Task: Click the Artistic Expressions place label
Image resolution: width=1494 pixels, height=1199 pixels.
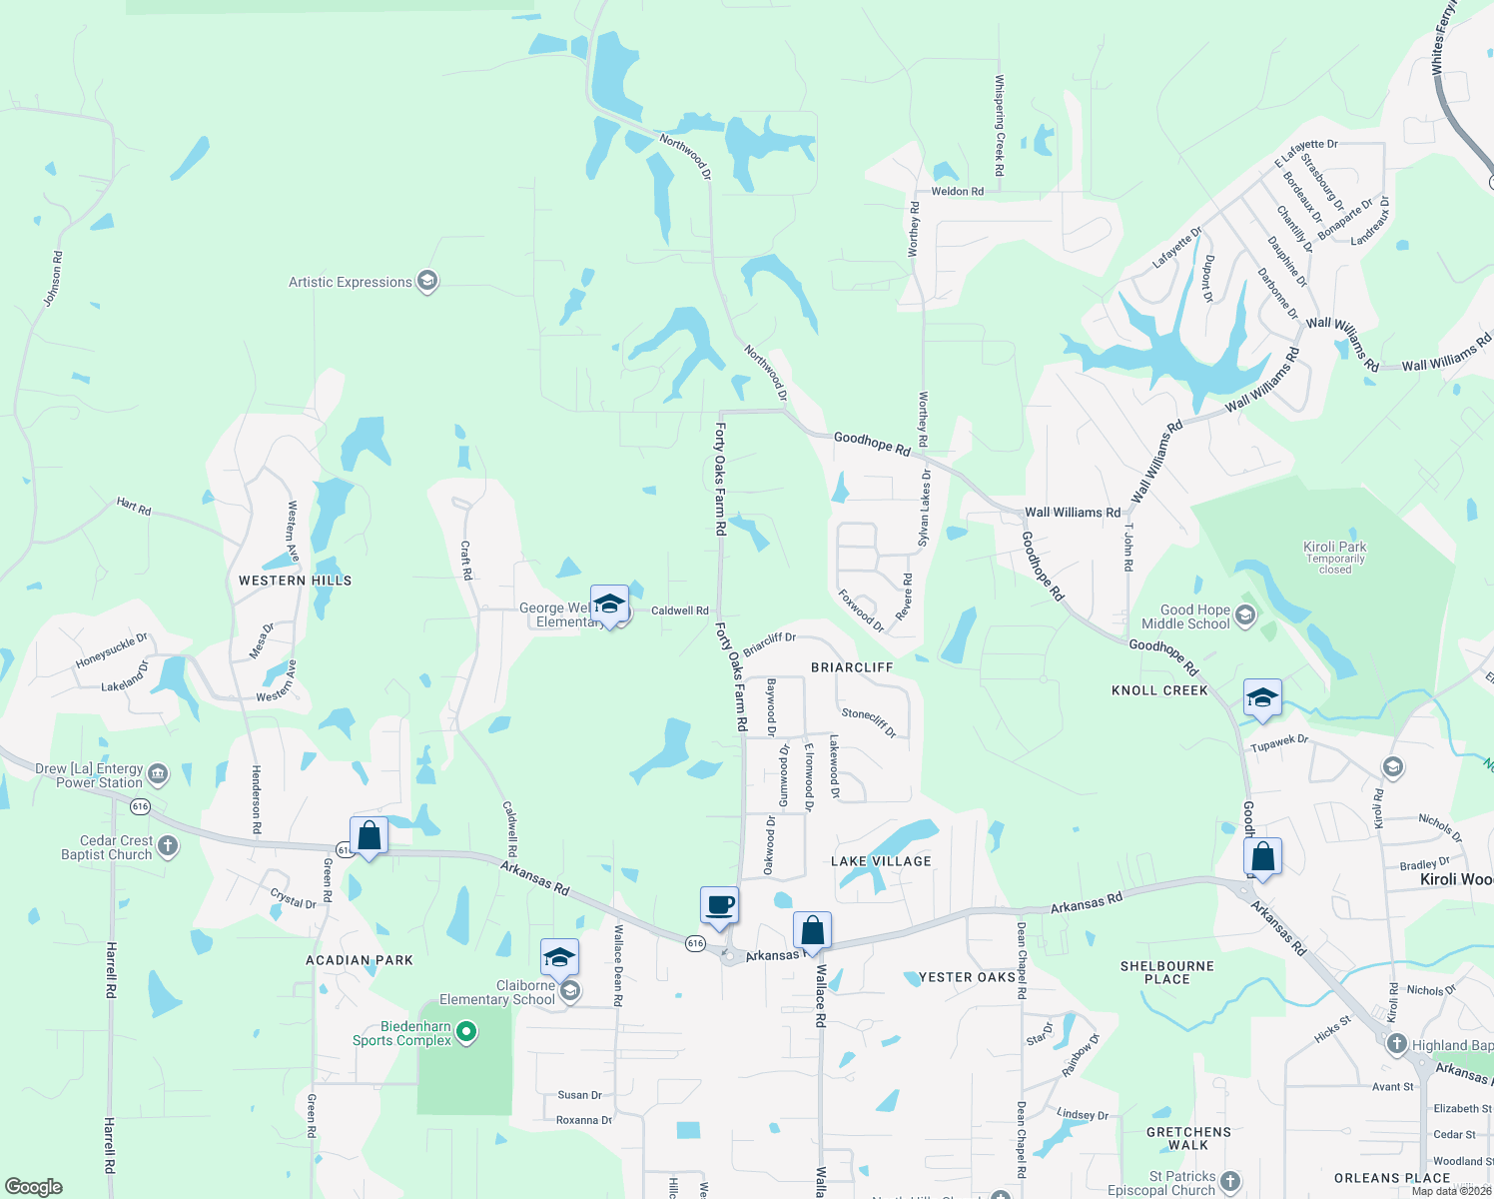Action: click(x=351, y=283)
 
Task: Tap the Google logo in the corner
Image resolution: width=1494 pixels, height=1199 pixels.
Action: click(x=34, y=1186)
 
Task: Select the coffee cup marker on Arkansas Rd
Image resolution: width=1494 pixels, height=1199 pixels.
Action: click(x=719, y=906)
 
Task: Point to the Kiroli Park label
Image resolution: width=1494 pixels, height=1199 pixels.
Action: click(x=1334, y=547)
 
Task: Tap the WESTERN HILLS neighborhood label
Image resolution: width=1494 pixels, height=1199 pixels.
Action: click(x=295, y=581)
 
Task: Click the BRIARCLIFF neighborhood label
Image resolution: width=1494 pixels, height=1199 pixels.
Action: click(x=852, y=667)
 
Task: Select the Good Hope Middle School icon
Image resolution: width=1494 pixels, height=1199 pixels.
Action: click(x=1244, y=615)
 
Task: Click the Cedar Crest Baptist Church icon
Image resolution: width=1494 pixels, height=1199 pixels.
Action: click(x=168, y=847)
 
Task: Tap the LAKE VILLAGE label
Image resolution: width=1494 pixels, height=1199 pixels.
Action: click(x=881, y=861)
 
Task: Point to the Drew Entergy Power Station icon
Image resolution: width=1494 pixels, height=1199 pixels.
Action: click(x=158, y=774)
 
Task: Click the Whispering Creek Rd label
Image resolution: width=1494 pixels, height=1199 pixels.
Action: click(x=999, y=126)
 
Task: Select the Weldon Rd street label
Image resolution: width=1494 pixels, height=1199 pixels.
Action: click(x=957, y=191)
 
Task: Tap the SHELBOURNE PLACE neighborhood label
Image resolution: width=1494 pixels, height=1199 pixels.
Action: click(x=1166, y=972)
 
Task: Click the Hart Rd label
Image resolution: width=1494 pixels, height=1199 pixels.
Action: click(x=134, y=506)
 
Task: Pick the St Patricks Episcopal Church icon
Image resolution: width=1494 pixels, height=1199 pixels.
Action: click(x=1230, y=1182)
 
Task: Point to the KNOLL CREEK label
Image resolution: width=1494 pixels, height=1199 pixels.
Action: click(x=1159, y=690)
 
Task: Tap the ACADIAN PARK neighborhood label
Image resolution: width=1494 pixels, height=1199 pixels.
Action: click(x=360, y=960)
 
